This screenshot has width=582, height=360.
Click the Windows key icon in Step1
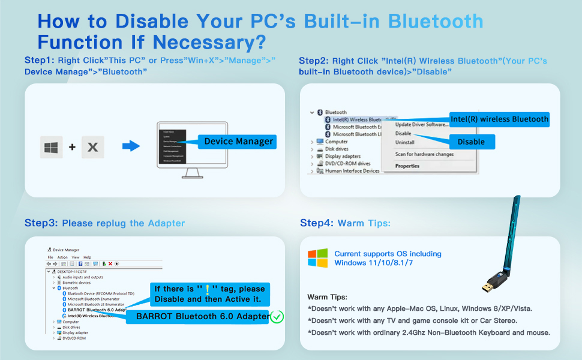coord(51,147)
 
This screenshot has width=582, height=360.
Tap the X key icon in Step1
coord(92,147)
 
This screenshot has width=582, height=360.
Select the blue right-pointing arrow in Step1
coord(130,146)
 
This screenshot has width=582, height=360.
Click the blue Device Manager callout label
coord(238,142)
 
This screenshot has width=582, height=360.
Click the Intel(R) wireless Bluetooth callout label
coord(499,119)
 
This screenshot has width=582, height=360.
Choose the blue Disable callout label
coord(471,142)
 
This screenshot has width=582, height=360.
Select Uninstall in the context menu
coord(405,143)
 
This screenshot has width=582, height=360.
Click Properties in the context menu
coord(407,166)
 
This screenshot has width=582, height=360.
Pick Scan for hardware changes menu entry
coord(424,154)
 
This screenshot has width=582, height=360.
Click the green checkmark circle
coord(277,316)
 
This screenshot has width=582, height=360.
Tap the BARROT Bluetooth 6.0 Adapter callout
coord(202,317)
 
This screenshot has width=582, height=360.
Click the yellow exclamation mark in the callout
coord(207,289)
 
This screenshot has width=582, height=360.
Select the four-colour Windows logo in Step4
coord(317,258)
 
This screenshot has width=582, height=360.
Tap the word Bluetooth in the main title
coord(436,22)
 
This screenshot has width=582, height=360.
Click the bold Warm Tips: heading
coord(327,297)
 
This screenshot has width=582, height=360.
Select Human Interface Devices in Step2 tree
coord(352,170)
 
